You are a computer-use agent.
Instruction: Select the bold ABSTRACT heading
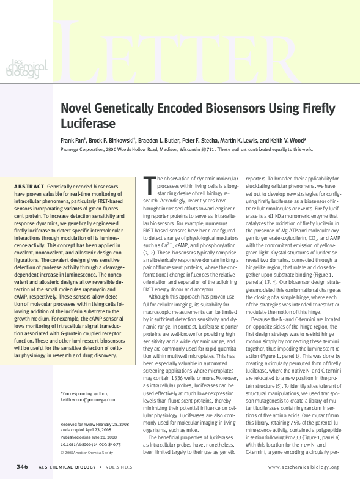[29, 185]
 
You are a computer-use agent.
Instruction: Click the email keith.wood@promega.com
[88, 399]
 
